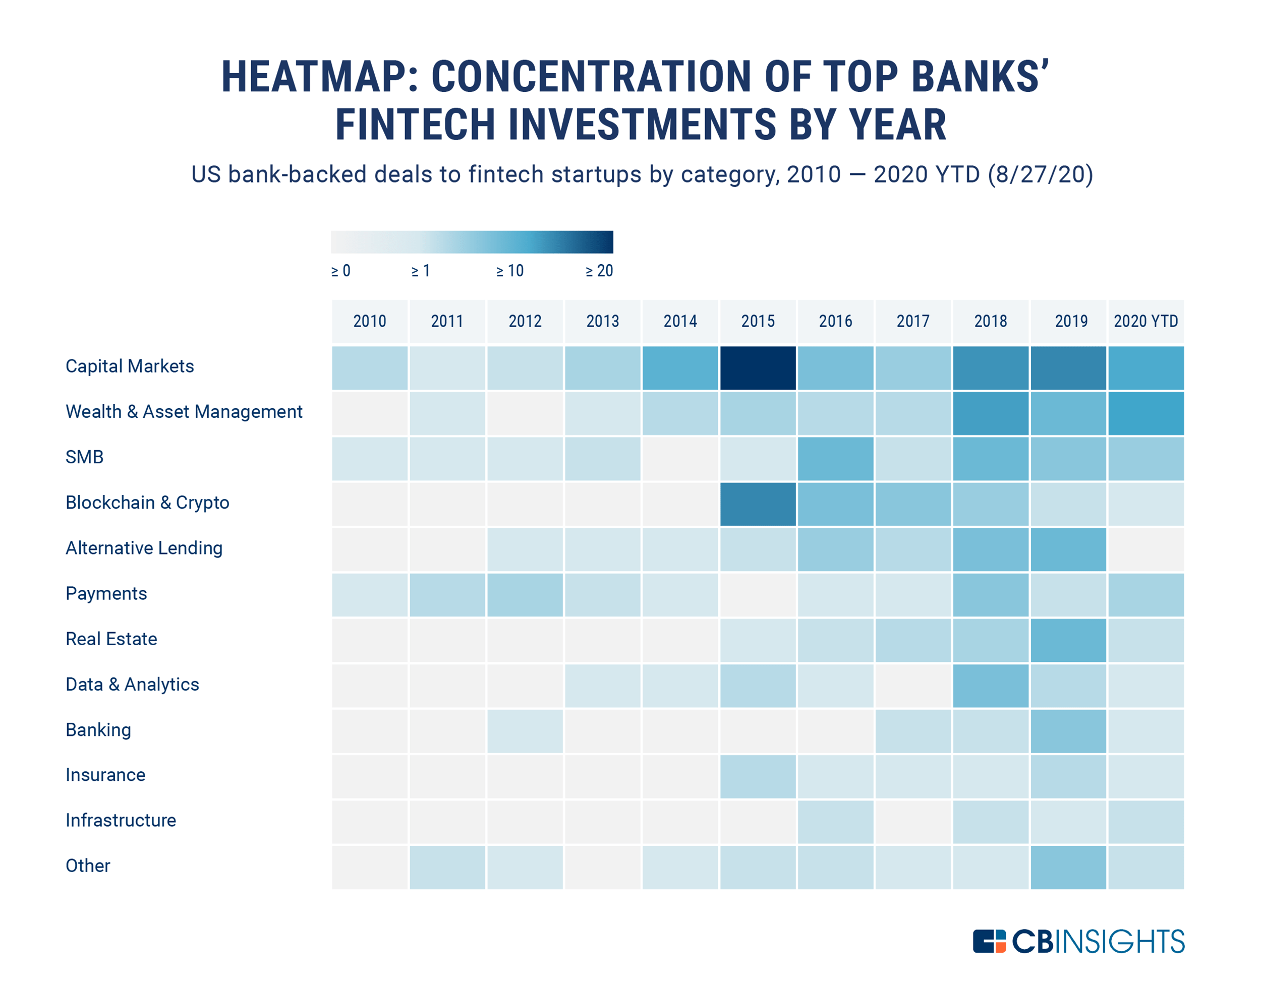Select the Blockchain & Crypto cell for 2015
tap(757, 504)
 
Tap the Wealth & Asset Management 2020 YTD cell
tap(1145, 413)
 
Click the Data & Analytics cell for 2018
tap(990, 686)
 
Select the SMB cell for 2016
tap(835, 458)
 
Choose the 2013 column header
tap(602, 321)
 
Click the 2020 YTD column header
tap(1145, 321)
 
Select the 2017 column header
tap(912, 321)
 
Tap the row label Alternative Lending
tap(144, 548)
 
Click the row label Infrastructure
tap(121, 820)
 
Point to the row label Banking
tap(98, 729)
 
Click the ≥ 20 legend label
tap(599, 271)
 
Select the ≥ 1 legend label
tap(420, 271)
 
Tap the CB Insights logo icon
tap(989, 941)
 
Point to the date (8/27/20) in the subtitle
tap(1040, 174)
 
